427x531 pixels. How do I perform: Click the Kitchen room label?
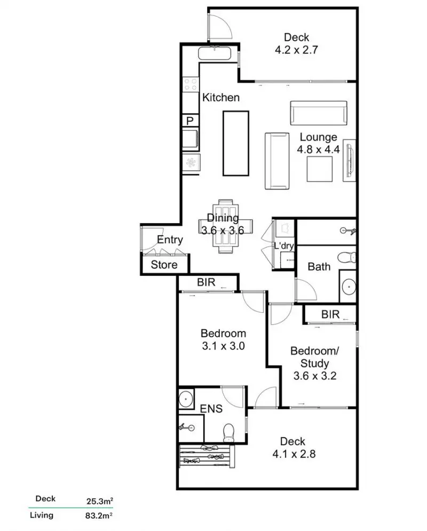(220, 98)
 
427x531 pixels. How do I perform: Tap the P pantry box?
(190, 121)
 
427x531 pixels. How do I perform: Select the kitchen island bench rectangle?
(235, 143)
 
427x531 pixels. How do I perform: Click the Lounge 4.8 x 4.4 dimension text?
(319, 149)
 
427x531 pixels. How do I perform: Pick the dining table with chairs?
(226, 225)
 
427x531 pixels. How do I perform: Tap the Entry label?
(170, 240)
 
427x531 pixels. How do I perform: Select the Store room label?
(164, 265)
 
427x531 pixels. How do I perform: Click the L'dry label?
(283, 246)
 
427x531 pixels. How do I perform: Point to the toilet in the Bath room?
(350, 258)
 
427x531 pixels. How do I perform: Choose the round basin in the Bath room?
(349, 287)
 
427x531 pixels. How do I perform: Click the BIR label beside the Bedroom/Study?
(331, 314)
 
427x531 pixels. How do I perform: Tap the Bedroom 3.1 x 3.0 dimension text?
(223, 345)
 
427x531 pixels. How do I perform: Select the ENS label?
(211, 409)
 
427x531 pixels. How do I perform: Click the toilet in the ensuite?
(229, 431)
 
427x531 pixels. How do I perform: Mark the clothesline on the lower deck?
(207, 455)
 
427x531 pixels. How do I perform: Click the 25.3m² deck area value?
(101, 500)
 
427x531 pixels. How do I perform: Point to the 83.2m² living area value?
(101, 516)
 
